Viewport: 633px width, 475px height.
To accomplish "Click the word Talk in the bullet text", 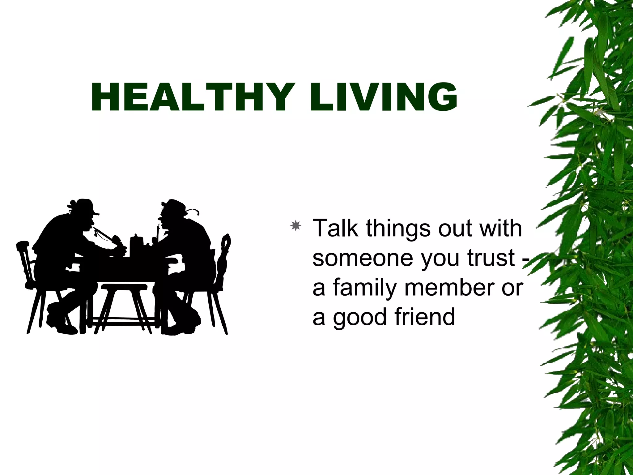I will point(335,228).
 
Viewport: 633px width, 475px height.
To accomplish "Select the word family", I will point(365,288).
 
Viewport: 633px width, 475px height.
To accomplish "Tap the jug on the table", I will point(135,245).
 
